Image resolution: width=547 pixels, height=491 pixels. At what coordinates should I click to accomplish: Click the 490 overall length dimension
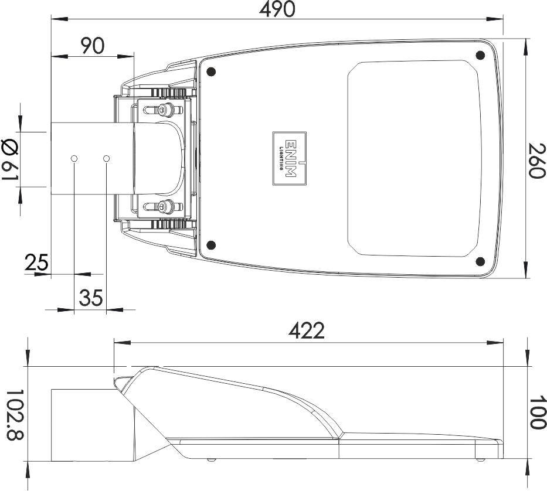coord(277,9)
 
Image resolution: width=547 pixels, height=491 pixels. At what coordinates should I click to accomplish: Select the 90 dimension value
coord(93,46)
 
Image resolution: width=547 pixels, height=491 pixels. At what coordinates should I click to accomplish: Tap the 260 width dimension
coord(536,161)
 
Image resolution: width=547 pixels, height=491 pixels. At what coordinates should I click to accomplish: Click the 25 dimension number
coord(36,262)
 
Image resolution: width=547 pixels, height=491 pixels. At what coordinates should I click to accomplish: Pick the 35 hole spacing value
coord(91,298)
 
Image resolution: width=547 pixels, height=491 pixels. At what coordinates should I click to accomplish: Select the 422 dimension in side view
coord(307,330)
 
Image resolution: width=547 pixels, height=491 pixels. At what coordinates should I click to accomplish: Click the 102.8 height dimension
coord(15,415)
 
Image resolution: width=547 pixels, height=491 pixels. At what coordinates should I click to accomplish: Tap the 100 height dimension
coord(536,412)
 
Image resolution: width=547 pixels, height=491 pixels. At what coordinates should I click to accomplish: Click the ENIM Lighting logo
coord(290,158)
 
